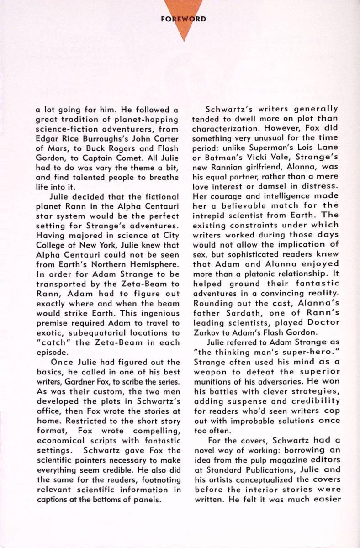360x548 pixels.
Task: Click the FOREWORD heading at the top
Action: coord(184,19)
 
